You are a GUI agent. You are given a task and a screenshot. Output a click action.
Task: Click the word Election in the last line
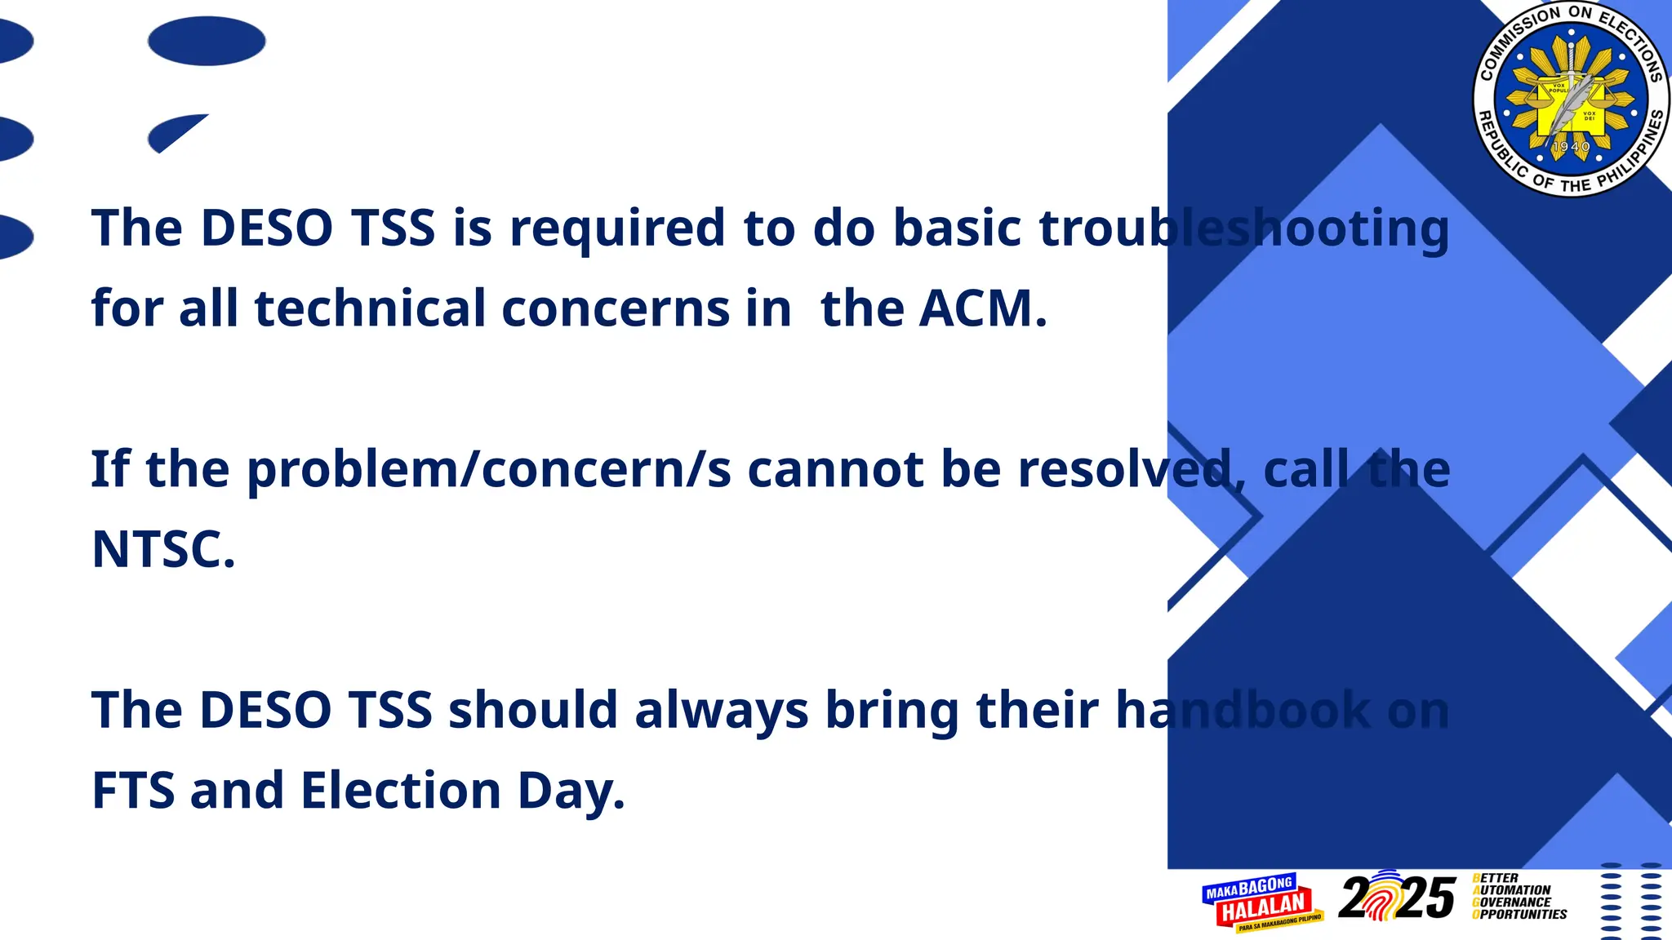click(401, 790)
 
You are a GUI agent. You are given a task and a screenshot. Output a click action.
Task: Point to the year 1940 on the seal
click(1571, 147)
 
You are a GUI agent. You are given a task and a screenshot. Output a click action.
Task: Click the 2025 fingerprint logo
click(1397, 898)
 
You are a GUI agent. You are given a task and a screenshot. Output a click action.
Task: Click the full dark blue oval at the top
click(207, 41)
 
